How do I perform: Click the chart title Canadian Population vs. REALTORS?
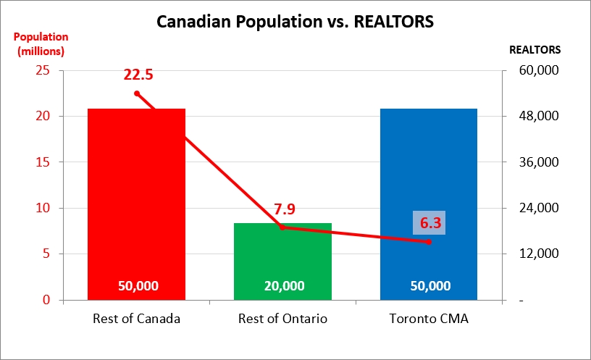[x=295, y=22]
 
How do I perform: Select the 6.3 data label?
[x=428, y=222]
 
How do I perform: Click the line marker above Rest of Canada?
[x=136, y=93]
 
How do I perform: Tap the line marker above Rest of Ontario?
[x=282, y=227]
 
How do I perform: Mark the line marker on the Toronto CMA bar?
[x=429, y=241]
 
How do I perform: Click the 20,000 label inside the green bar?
[x=284, y=285]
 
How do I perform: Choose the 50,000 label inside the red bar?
[x=138, y=285]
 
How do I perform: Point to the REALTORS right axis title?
[x=535, y=50]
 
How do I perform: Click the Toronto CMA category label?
[x=429, y=319]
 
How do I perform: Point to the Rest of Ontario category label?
[x=282, y=319]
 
